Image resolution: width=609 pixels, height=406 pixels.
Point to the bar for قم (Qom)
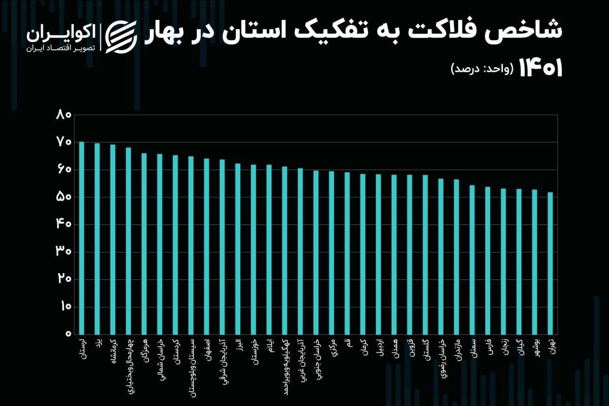[x=347, y=253]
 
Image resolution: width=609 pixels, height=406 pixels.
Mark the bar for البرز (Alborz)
[x=238, y=249]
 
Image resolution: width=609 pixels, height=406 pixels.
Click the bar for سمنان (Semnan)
[x=472, y=260]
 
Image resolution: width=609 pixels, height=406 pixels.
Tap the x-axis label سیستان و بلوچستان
[x=191, y=365]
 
